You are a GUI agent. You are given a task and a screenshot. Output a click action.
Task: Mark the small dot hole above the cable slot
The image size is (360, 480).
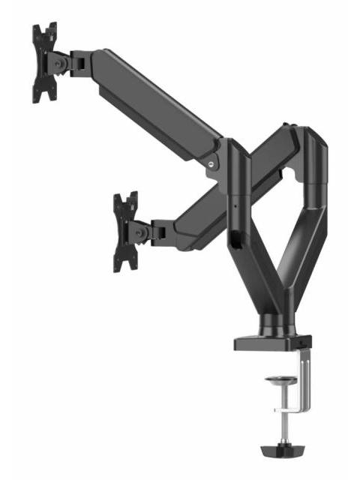coord(233,204)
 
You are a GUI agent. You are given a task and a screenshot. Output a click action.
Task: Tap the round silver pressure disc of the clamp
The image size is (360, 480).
coord(280,379)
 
